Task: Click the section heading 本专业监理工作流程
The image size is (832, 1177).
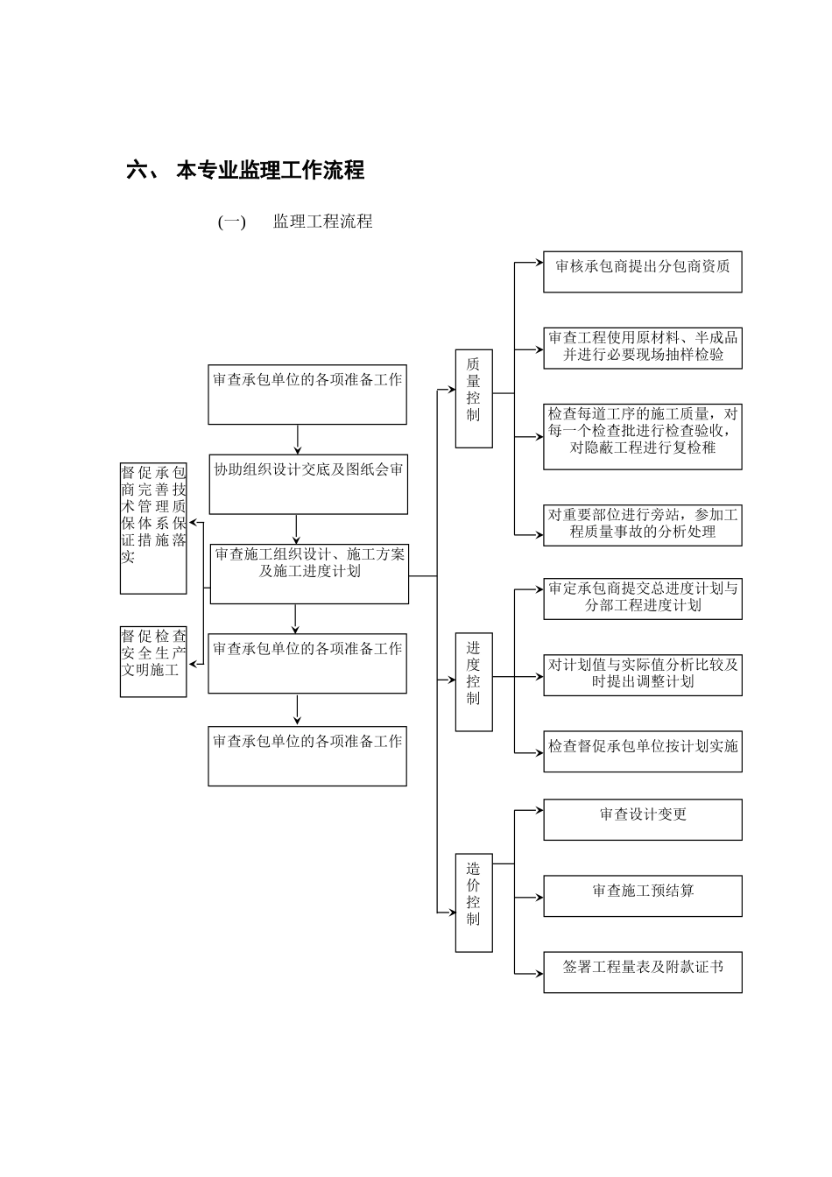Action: tap(270, 170)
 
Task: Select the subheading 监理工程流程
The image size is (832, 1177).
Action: tap(322, 222)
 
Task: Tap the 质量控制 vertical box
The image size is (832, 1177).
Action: tap(474, 398)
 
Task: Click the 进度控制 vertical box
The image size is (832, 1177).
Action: tap(474, 681)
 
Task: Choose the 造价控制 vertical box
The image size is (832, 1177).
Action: tap(474, 902)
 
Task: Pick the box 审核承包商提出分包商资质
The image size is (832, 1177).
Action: tap(642, 272)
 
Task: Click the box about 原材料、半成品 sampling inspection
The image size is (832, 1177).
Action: tap(642, 348)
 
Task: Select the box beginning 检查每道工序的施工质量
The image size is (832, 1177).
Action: tap(642, 436)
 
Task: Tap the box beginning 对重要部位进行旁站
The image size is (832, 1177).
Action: tap(642, 525)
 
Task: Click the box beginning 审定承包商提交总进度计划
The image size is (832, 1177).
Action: tap(642, 598)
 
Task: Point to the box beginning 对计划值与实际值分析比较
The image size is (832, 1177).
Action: tap(642, 674)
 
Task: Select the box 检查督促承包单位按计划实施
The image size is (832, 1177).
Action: tap(642, 751)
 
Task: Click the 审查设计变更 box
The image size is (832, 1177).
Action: tap(642, 820)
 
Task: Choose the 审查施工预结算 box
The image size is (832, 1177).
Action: tap(642, 896)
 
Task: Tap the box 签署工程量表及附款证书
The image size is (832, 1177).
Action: tap(642, 972)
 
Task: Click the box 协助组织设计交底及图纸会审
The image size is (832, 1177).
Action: tap(308, 483)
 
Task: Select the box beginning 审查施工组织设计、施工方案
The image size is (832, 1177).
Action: tap(309, 574)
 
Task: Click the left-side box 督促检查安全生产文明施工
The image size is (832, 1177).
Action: tap(153, 661)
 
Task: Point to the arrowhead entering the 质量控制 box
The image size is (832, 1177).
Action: tap(452, 391)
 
